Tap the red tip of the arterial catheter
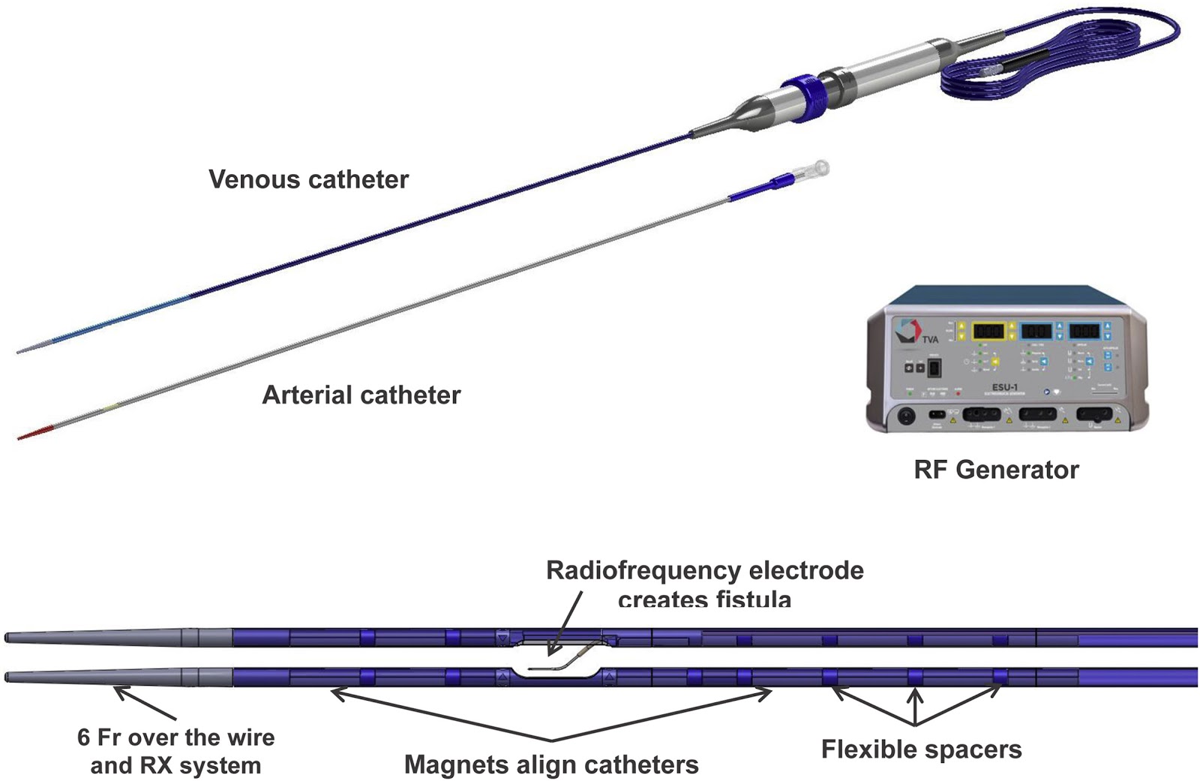pos(34,434)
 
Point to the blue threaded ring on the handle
pos(801,96)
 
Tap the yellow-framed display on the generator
pos(991,331)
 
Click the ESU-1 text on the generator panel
pos(1004,388)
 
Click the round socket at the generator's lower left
pos(906,415)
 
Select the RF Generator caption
pos(996,470)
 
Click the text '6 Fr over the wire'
pos(175,737)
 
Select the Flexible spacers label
pos(921,749)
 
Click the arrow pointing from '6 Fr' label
pos(142,701)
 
